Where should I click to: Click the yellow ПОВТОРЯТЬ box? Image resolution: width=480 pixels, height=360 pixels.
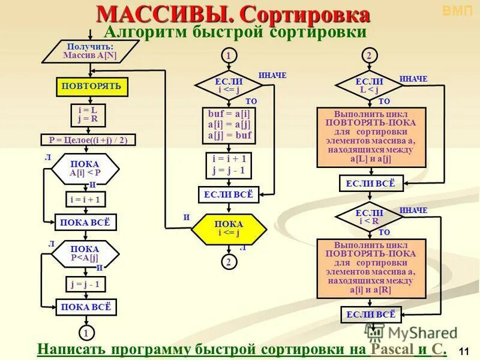pos(91,86)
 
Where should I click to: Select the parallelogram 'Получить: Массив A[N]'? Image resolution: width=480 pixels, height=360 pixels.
pos(90,51)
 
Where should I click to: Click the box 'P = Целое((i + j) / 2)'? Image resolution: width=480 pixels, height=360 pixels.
pos(88,140)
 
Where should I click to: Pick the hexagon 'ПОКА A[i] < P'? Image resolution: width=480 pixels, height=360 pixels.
pos(85,169)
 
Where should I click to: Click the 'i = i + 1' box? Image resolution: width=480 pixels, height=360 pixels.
pos(85,199)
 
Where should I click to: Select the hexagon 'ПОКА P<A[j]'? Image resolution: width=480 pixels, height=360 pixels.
pos(85,254)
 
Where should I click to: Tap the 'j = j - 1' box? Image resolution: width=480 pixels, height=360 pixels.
pos(85,284)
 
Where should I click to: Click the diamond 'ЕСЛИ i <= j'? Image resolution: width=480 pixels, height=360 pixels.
pos(229,86)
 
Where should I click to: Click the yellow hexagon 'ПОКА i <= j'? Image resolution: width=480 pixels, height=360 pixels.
pos(228,229)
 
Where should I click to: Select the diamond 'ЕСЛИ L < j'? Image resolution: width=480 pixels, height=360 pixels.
pos(369,86)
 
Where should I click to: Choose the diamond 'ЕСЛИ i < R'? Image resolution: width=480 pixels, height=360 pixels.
pos(369,217)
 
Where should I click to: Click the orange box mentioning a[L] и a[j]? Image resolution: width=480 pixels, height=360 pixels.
pos(371,137)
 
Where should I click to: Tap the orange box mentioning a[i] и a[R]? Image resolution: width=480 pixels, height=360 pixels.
pos(371,268)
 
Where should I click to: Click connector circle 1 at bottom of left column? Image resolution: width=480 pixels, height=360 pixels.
pos(86,332)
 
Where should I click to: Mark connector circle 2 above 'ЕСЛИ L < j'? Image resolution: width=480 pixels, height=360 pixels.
pos(369,56)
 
